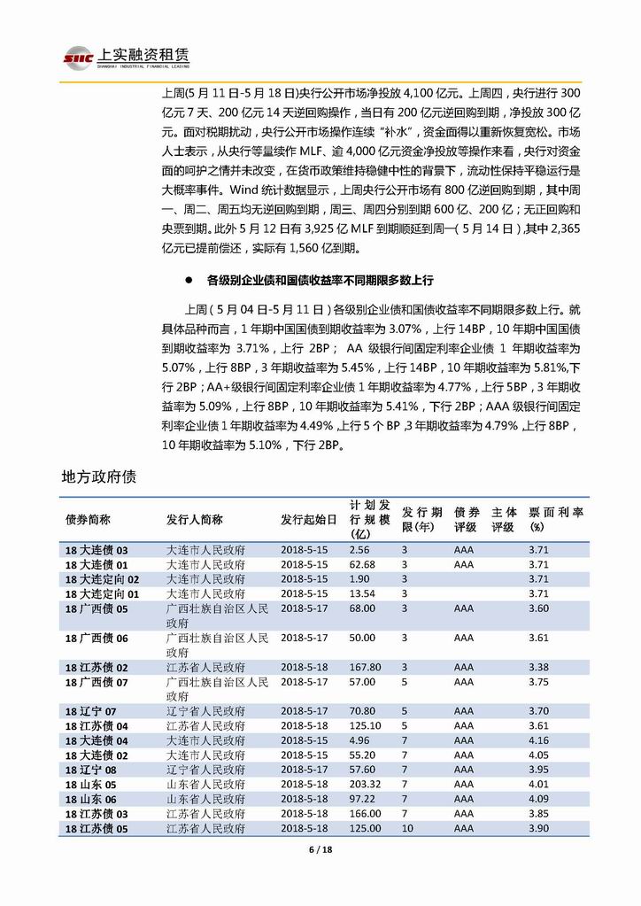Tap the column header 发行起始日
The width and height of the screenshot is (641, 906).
pyautogui.click(x=309, y=519)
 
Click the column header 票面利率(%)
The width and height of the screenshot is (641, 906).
pyautogui.click(x=555, y=519)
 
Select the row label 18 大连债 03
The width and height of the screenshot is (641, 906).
pyautogui.click(x=97, y=550)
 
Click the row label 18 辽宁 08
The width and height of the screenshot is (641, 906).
pyautogui.click(x=90, y=770)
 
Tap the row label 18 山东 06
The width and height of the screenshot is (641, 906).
pyautogui.click(x=90, y=799)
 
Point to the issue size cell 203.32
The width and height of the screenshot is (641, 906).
pyautogui.click(x=365, y=784)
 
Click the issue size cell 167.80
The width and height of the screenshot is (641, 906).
pyautogui.click(x=365, y=667)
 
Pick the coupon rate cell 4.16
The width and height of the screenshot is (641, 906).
pyautogui.click(x=538, y=740)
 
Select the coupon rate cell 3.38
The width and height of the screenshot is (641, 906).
pyautogui.click(x=538, y=667)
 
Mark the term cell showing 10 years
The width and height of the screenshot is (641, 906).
pyautogui.click(x=407, y=828)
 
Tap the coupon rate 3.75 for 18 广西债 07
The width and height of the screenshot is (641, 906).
pyautogui.click(x=538, y=682)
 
